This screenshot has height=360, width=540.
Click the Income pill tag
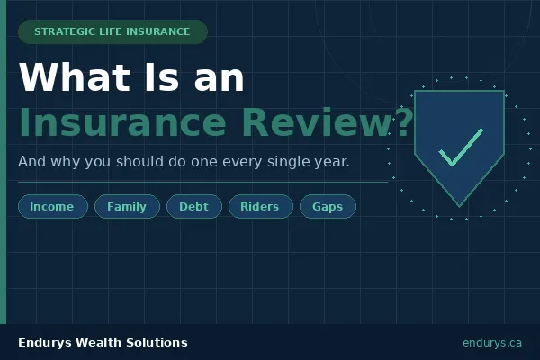click(52, 207)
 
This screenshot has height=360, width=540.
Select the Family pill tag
click(127, 207)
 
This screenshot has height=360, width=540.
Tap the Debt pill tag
click(193, 207)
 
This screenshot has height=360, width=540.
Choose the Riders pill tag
click(260, 207)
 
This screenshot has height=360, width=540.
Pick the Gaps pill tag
click(328, 207)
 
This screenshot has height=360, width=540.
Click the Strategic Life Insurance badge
click(112, 31)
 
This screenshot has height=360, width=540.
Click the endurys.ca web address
click(492, 343)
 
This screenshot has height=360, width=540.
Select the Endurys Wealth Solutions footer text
click(103, 343)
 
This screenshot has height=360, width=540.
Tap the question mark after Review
click(403, 123)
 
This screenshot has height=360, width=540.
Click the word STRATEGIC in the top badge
click(64, 31)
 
